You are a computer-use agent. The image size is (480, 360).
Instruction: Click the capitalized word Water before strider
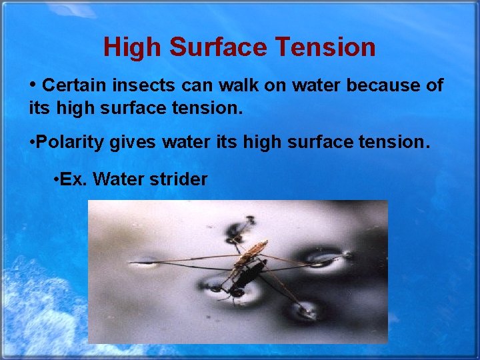point(116,179)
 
